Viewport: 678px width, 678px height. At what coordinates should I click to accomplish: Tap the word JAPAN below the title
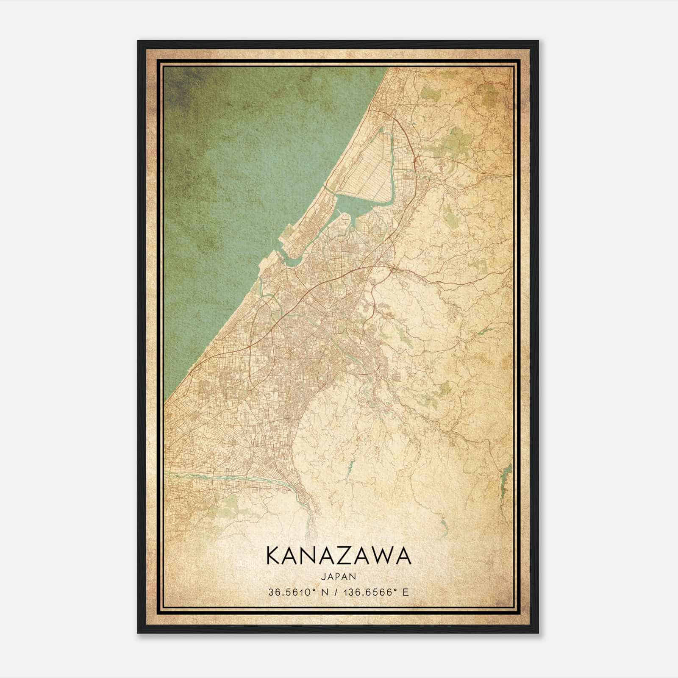[339, 576]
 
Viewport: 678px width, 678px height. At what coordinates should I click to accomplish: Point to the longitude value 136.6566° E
[372, 592]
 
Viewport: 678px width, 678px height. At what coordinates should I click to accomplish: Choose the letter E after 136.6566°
[406, 592]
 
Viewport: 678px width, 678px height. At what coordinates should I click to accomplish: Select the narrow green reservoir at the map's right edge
[505, 479]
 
